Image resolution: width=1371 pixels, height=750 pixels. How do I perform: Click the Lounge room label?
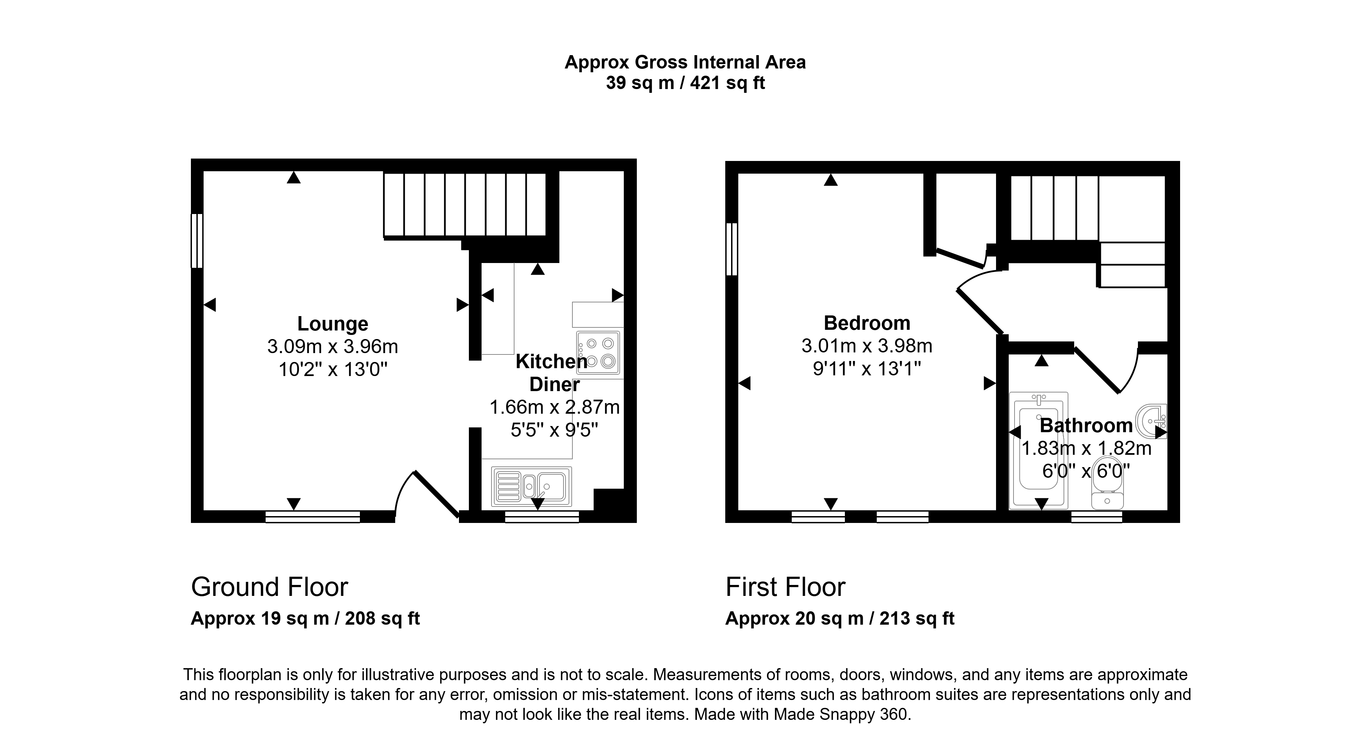coord(332,323)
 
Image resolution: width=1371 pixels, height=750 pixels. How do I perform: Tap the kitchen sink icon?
coord(532,486)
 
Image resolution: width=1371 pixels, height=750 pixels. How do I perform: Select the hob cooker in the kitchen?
coord(598,352)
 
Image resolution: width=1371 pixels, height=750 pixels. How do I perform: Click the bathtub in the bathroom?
coord(1039,449)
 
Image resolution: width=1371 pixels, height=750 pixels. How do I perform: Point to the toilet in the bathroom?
coord(1107,482)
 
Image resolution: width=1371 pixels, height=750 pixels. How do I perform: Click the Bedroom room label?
coord(867,323)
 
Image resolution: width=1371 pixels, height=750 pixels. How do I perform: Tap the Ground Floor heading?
coord(269,587)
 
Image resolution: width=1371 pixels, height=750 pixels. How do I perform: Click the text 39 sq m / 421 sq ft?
coord(685,84)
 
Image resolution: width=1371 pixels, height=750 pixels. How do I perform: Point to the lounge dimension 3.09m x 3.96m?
coord(332,347)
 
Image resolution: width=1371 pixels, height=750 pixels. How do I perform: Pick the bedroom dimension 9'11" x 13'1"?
coord(867,368)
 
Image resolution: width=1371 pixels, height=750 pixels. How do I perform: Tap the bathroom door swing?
coord(1107,370)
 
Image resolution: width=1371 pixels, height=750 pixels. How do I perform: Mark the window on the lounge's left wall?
coord(197,240)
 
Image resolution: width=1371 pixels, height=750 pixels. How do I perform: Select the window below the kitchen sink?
coord(542,516)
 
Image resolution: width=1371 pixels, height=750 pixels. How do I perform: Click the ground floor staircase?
coord(465,205)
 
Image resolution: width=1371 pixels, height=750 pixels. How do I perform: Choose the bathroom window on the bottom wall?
coord(1096,516)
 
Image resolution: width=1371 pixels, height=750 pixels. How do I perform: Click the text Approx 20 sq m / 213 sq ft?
coord(840,618)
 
